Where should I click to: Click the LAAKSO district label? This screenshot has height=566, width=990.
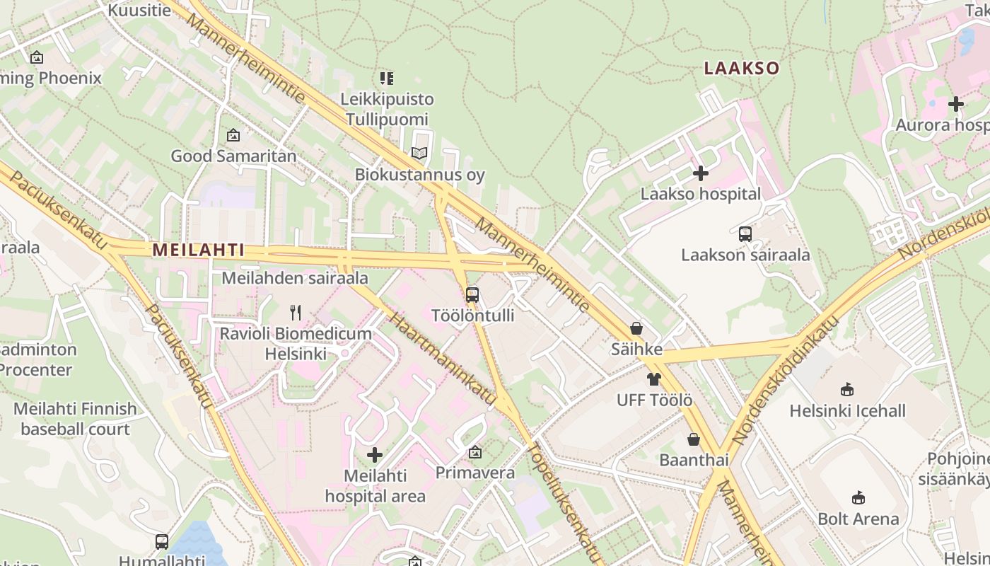pyautogui.click(x=741, y=69)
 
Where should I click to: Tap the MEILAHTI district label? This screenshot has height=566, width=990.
pyautogui.click(x=198, y=250)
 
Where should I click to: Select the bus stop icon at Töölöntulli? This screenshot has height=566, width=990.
pyautogui.click(x=472, y=294)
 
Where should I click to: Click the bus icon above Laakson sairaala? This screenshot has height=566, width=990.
pyautogui.click(x=745, y=234)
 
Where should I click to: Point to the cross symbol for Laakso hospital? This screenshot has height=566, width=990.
pyautogui.click(x=701, y=173)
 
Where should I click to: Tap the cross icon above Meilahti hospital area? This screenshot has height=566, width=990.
pyautogui.click(x=375, y=455)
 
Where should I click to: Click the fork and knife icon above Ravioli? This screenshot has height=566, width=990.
pyautogui.click(x=296, y=312)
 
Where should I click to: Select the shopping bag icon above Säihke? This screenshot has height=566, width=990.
pyautogui.click(x=636, y=328)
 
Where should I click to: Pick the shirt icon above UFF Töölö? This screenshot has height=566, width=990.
pyautogui.click(x=654, y=379)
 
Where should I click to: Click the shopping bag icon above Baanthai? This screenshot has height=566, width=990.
pyautogui.click(x=694, y=439)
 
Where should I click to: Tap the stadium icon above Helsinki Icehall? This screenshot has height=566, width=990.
pyautogui.click(x=847, y=389)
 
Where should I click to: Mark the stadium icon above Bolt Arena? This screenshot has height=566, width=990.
pyautogui.click(x=858, y=497)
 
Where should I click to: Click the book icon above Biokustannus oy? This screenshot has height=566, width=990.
pyautogui.click(x=419, y=153)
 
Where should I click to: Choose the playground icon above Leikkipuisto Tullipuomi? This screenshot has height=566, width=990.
pyautogui.click(x=386, y=78)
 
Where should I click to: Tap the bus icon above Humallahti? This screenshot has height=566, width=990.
pyautogui.click(x=162, y=542)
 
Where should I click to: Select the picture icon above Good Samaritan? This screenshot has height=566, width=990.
pyautogui.click(x=233, y=135)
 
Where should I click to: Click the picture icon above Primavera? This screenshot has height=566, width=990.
pyautogui.click(x=475, y=451)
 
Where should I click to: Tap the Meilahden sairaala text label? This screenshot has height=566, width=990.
pyautogui.click(x=295, y=278)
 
